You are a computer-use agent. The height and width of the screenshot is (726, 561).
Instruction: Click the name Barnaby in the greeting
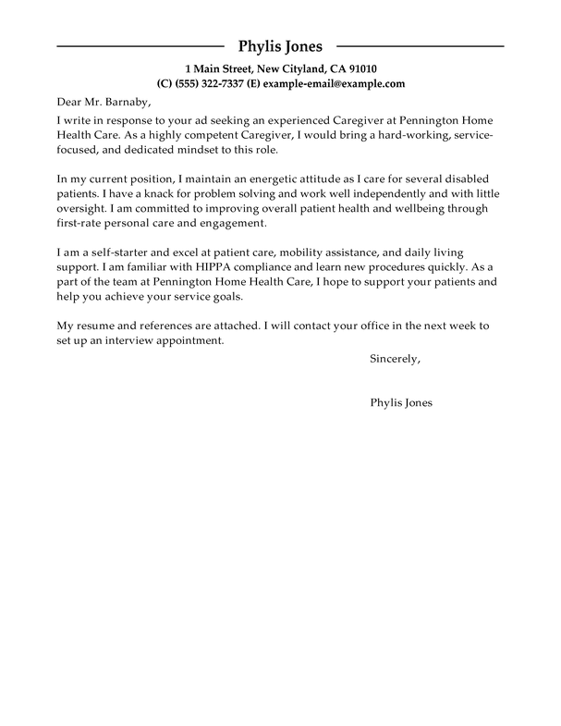(x=125, y=102)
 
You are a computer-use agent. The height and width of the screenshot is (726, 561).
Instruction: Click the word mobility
(x=329, y=253)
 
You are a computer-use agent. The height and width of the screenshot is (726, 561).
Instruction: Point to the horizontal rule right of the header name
(x=420, y=45)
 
